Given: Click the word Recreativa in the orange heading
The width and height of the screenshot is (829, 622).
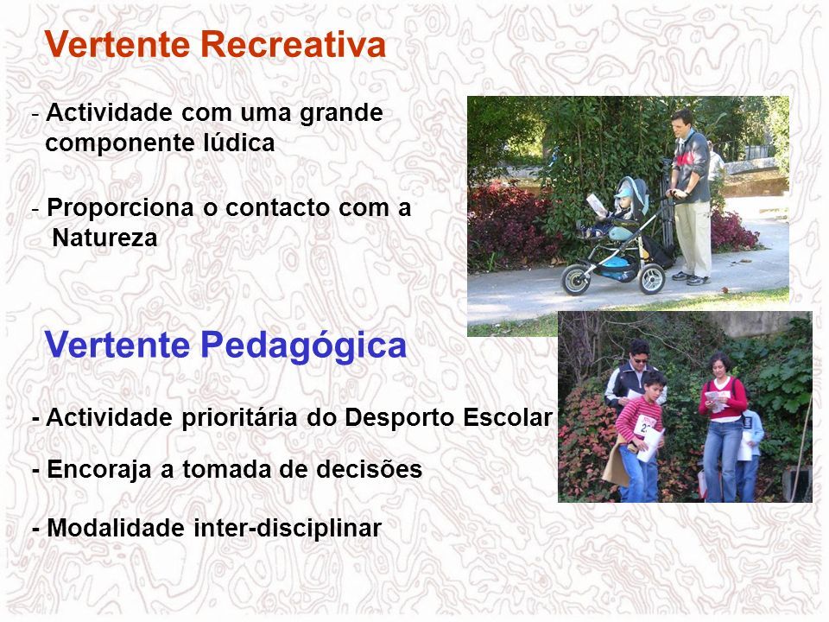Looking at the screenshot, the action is [x=294, y=44].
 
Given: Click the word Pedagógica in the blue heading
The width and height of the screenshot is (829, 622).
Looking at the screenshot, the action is [x=303, y=346].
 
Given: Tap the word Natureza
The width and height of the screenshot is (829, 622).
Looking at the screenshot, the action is [x=104, y=238].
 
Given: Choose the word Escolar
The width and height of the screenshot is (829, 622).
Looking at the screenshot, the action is [x=508, y=417].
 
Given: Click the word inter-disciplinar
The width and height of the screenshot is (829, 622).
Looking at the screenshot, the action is [x=288, y=528].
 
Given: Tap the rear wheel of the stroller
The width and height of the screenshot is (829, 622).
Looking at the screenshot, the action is [x=652, y=278].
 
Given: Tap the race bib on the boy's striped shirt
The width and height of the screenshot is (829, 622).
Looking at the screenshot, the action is [x=645, y=425].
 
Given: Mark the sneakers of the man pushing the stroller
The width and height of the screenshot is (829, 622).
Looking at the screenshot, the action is [x=692, y=278].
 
